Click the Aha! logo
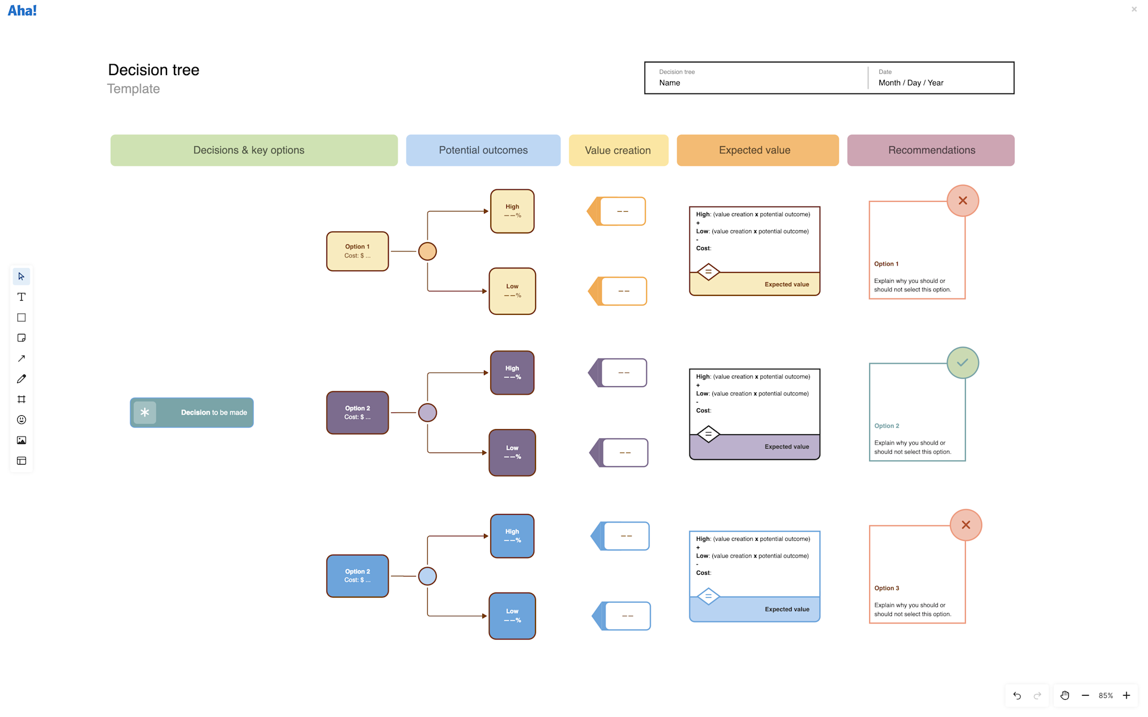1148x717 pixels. click(22, 10)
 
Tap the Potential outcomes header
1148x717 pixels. click(483, 150)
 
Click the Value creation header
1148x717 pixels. click(618, 150)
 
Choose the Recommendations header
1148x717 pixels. click(930, 150)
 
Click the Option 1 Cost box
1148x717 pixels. click(357, 251)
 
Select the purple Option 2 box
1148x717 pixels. click(357, 412)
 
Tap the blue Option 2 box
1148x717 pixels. click(357, 575)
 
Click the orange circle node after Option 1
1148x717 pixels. click(427, 251)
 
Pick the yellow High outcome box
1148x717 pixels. click(512, 211)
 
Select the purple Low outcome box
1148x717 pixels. click(512, 453)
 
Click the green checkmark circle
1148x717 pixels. click(963, 363)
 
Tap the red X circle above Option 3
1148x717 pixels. click(965, 525)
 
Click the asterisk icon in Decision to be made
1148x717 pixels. click(145, 412)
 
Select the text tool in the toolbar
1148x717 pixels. click(21, 297)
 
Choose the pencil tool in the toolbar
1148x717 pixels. click(21, 379)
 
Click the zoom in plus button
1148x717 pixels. click(1126, 695)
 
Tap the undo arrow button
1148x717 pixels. click(1017, 695)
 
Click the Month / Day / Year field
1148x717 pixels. click(910, 83)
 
